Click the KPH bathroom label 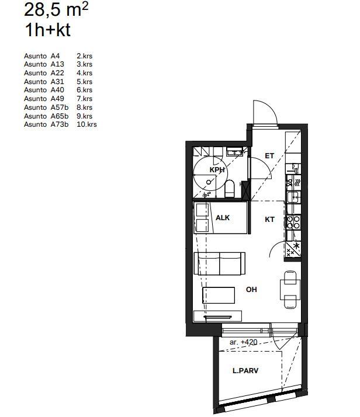[x=217, y=170]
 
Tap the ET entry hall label [x=269, y=156]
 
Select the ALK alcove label [x=223, y=218]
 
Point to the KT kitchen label [x=269, y=220]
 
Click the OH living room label [x=251, y=289]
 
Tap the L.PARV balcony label [x=245, y=370]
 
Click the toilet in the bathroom [x=229, y=188]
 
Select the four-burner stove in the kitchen [x=293, y=222]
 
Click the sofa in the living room [x=220, y=263]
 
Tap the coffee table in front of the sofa [x=219, y=295]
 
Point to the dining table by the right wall [x=290, y=290]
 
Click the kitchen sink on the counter [x=293, y=197]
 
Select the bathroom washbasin [x=234, y=152]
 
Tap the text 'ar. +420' [x=244, y=342]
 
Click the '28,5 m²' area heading [x=56, y=9]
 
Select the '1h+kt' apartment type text [x=47, y=30]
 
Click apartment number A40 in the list [x=57, y=90]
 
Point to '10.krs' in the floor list [x=86, y=124]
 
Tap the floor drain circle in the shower [x=209, y=182]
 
